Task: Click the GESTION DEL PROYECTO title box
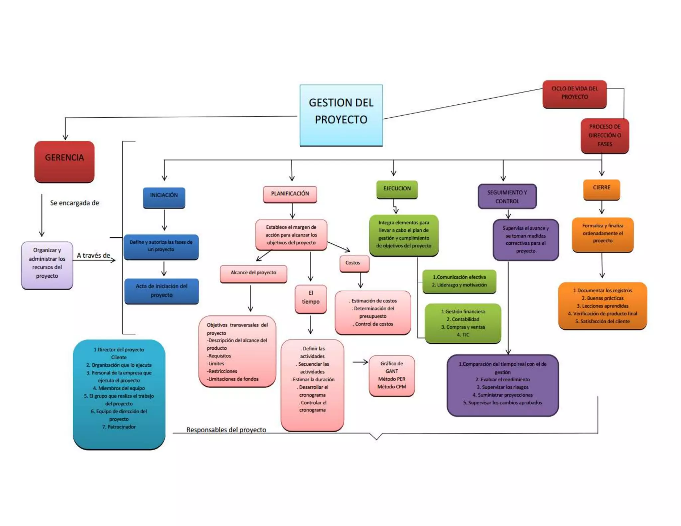[341, 115]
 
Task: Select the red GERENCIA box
[65, 162]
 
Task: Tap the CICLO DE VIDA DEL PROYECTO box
[574, 94]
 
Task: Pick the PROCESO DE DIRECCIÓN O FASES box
[605, 136]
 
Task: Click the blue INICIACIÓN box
[164, 197]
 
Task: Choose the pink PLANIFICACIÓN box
[290, 194]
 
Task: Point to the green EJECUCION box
[397, 189]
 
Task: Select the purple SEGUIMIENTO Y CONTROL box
[507, 197]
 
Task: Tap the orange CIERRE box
[602, 189]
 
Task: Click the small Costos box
[354, 263]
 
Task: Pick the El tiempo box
[311, 298]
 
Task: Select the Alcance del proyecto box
[253, 273]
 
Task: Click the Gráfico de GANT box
[392, 375]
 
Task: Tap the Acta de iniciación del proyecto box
[162, 291]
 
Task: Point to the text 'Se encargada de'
[74, 203]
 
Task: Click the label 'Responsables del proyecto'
[226, 430]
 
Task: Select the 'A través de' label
[93, 255]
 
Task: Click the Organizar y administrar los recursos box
[47, 265]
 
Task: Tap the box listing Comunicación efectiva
[459, 281]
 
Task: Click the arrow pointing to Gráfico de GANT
[360, 362]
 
